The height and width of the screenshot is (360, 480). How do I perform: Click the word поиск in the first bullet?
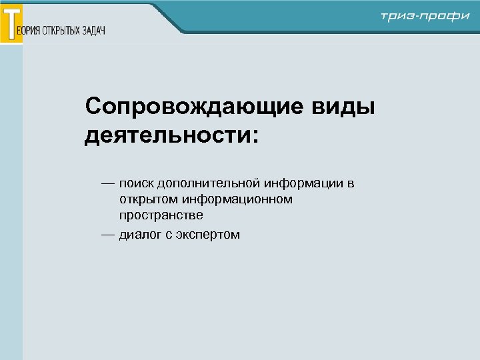pos(137,183)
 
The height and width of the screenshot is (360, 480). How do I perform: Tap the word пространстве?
pos(161,216)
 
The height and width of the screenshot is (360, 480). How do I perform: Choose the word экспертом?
pos(207,235)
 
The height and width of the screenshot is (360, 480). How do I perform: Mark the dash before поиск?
pos(107,183)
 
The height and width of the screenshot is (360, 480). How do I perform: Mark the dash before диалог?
pos(107,235)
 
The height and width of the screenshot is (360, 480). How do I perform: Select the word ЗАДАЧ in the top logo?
pos(94,31)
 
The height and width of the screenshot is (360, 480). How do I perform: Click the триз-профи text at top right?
pos(425,17)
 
